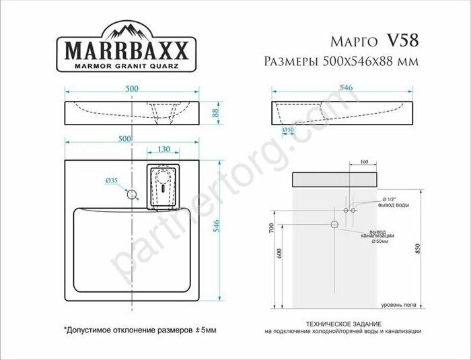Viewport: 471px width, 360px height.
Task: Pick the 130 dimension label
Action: (163, 149)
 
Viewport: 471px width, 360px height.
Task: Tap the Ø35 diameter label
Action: (112, 181)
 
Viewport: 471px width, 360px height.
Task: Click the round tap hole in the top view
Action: (133, 195)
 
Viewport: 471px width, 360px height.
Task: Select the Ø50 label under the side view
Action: (287, 129)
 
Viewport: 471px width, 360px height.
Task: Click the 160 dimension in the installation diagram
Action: (364, 162)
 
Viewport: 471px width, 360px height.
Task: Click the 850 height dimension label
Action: (418, 248)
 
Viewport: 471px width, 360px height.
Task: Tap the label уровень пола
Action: (398, 305)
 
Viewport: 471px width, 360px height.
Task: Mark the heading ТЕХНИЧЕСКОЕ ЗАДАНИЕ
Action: (342, 322)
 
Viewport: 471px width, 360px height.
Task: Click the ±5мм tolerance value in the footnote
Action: (205, 330)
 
